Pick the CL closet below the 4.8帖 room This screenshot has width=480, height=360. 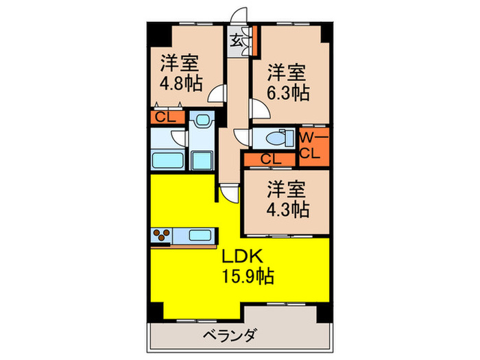[166, 117]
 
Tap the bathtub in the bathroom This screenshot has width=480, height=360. [167, 162]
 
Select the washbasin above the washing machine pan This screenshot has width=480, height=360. [202, 123]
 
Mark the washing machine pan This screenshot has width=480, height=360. [202, 162]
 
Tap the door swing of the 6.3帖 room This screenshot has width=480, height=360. [259, 108]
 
